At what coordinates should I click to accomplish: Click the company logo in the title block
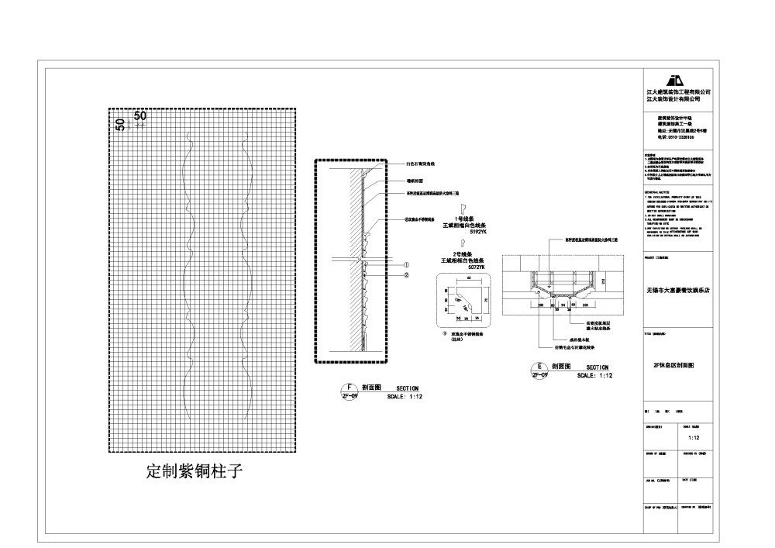[677, 81]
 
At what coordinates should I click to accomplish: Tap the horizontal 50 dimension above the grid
[140, 116]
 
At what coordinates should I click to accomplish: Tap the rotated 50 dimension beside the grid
[120, 124]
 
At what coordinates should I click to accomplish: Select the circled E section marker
[538, 370]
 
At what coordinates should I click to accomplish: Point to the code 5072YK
[474, 267]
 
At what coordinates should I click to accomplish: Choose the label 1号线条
[464, 219]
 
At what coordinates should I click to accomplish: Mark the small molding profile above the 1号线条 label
[462, 209]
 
